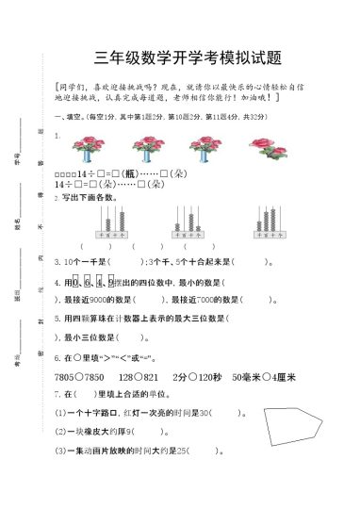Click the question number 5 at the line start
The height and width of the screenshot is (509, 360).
coord(57,319)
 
